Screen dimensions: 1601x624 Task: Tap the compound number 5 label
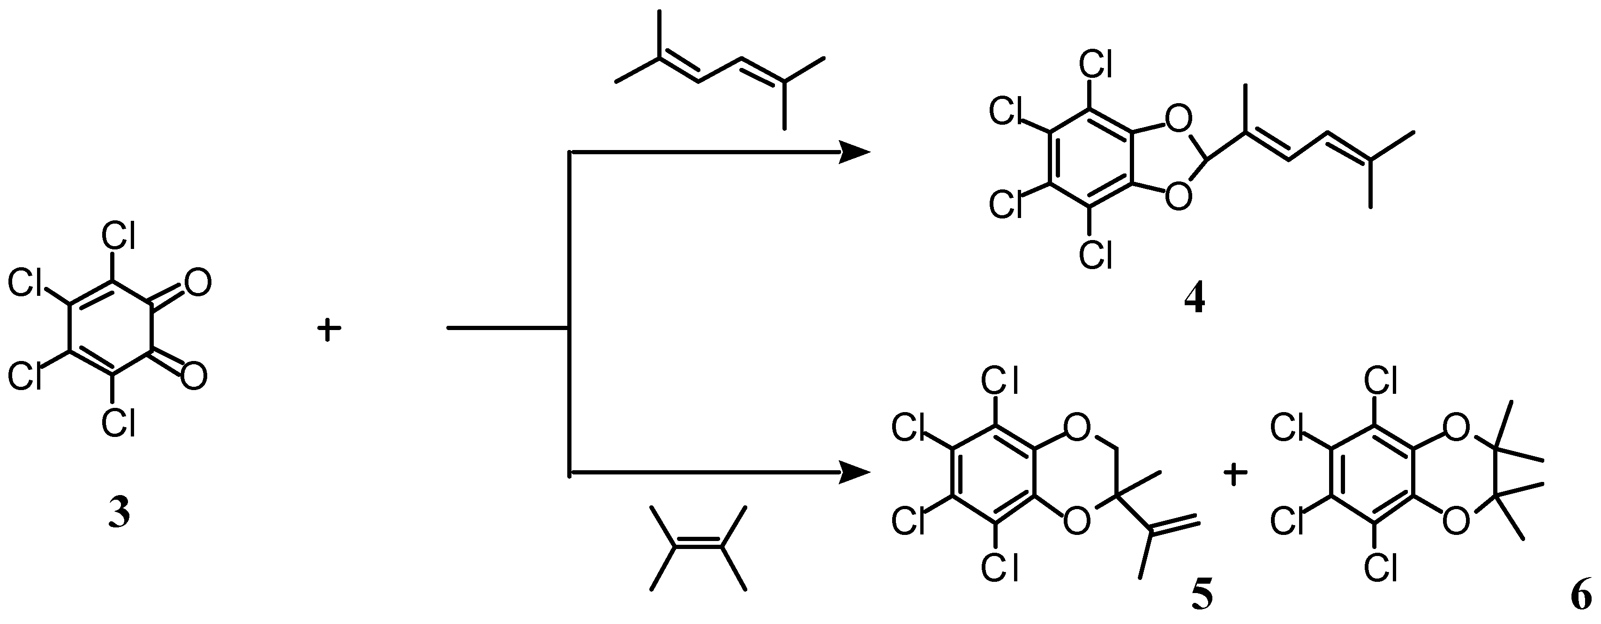[1202, 594]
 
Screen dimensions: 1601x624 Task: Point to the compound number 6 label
[1582, 594]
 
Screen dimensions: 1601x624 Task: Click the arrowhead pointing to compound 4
[855, 151]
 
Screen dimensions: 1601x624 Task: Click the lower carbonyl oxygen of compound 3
[194, 376]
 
